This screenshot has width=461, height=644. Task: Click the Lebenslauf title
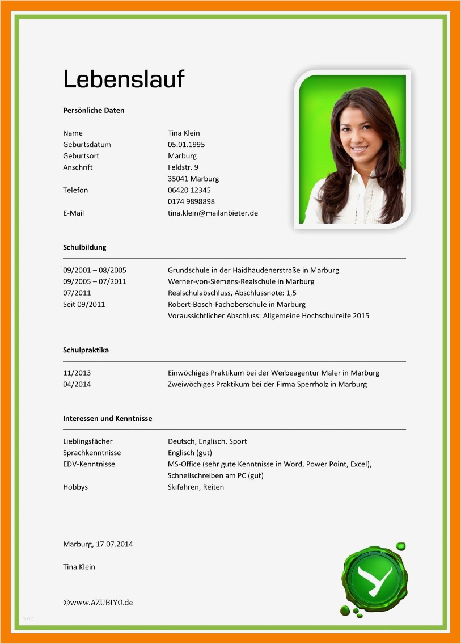pos(124,78)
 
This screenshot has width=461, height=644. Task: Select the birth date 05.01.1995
pos(186,145)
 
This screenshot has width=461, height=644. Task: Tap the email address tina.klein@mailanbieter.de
pos(213,213)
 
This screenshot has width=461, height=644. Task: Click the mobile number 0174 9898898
pos(191,201)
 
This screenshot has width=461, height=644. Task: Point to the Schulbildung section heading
pos(84,247)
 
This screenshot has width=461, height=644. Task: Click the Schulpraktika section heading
pos(86,350)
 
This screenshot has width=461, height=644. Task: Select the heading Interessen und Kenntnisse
pos(107,419)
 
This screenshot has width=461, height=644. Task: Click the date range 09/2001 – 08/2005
pos(95,270)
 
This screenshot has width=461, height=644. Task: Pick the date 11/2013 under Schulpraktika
pos(77,373)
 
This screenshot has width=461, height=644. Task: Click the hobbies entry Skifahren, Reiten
pos(196,487)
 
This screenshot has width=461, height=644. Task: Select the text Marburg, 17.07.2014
pos(98,544)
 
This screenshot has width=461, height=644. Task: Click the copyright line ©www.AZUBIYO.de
pos(98,603)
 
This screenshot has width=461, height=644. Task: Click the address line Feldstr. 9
pos(183,167)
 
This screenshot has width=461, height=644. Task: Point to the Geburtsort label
pos(81,156)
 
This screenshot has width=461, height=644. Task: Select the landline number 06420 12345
pos(189,190)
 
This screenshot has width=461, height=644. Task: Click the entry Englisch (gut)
pos(189,453)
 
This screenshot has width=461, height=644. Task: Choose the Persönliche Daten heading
pos(94,111)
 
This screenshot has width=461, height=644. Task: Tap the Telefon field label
pos(75,190)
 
